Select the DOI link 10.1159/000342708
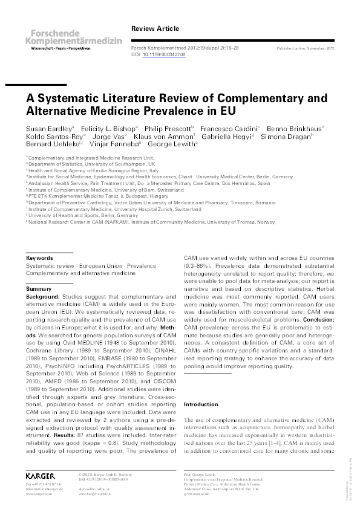(x=164, y=54)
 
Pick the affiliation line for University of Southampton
(x=91, y=164)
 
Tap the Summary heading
(x=39, y=290)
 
